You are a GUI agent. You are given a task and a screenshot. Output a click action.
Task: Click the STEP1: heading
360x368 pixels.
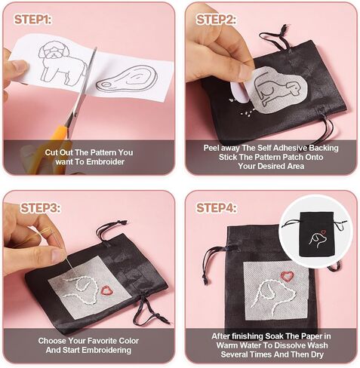tap(32, 20)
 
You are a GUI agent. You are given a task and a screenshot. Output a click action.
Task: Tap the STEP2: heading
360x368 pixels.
tap(216, 20)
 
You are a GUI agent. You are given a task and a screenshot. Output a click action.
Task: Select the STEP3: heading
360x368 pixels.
tap(40, 208)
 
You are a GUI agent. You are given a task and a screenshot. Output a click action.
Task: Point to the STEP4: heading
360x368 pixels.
tap(216, 208)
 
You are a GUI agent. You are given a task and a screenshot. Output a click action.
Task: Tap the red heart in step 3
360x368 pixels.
tap(107, 290)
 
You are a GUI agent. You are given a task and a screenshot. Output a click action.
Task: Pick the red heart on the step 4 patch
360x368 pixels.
tap(287, 275)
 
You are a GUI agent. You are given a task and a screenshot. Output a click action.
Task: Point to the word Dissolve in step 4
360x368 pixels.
tap(287, 345)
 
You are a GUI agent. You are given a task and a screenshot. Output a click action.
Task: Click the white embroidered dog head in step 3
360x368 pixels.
tap(80, 290)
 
